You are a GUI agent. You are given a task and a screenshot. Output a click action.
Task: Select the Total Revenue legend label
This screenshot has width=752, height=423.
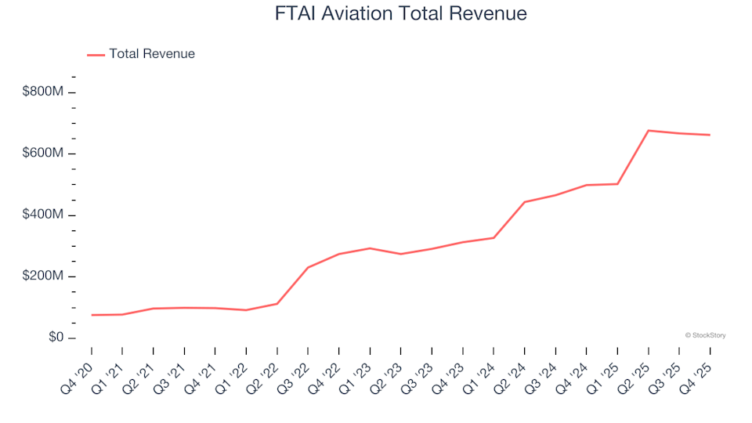(x=151, y=54)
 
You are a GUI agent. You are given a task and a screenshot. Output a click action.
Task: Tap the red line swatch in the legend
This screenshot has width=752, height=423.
(x=96, y=54)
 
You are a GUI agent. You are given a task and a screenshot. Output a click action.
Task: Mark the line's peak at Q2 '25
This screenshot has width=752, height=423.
(x=649, y=130)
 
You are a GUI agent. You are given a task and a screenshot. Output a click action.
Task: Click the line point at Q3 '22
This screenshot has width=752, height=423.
(x=308, y=267)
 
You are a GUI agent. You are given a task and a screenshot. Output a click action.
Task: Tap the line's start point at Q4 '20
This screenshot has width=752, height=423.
(x=92, y=315)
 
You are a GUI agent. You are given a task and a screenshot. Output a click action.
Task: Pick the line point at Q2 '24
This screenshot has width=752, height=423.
(x=525, y=202)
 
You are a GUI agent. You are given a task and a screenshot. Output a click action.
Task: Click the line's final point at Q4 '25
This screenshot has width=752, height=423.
(x=710, y=135)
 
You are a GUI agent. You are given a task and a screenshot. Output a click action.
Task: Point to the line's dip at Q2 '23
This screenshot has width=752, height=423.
(x=401, y=254)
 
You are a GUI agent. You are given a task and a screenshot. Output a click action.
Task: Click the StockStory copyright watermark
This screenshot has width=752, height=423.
(x=705, y=335)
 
